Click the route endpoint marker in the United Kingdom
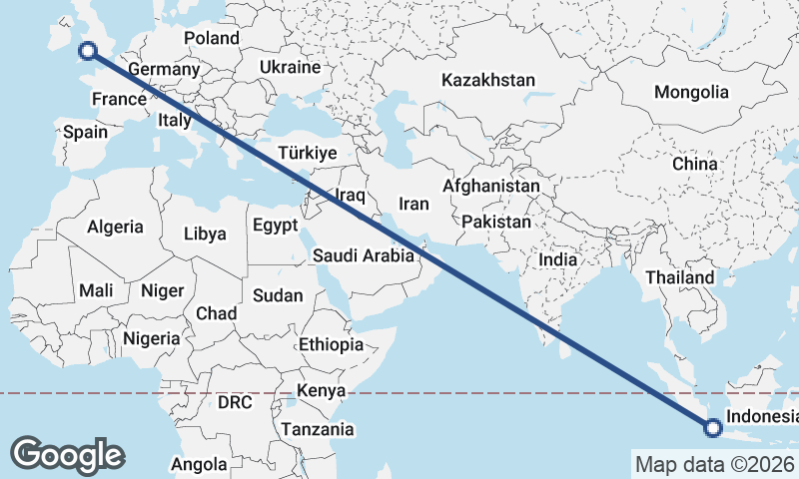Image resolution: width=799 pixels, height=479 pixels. click(x=87, y=51)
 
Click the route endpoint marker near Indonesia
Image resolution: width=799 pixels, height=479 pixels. click(x=712, y=429)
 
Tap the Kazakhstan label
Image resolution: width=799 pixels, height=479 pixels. click(x=489, y=81)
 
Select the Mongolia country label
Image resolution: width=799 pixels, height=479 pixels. click(x=691, y=92)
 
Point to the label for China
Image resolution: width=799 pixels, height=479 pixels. click(x=694, y=164)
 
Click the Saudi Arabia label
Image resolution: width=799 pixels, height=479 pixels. click(x=363, y=255)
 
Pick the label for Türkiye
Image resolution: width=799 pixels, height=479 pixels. click(x=308, y=153)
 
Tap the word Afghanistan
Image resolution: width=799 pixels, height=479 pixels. click(x=490, y=187)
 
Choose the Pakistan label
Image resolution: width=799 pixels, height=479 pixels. click(x=496, y=222)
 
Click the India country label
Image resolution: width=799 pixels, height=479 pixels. click(x=557, y=259)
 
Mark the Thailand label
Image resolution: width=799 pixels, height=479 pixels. click(x=680, y=277)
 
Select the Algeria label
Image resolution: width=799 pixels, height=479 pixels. click(x=115, y=227)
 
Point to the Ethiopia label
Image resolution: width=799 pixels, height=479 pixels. click(x=331, y=345)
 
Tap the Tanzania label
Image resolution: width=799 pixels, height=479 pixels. click(x=318, y=429)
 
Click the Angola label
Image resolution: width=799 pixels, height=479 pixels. click(x=199, y=464)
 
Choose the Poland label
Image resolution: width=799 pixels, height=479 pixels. click(x=212, y=38)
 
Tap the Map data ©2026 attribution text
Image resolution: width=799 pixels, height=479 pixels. click(x=714, y=464)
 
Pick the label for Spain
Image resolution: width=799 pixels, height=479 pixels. click(x=85, y=132)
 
